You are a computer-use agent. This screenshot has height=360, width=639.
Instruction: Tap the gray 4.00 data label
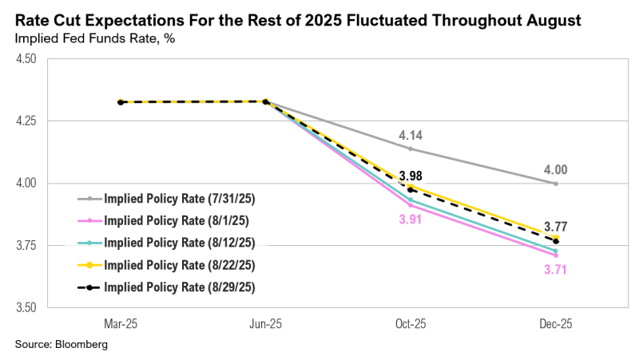point(555,170)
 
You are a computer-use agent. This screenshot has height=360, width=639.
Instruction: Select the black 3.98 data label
point(410,176)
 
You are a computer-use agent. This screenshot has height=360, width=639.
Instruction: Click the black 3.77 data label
point(555,226)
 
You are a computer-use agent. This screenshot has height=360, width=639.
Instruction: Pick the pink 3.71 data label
point(555,269)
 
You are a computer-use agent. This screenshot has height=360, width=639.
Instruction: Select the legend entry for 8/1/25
point(166,220)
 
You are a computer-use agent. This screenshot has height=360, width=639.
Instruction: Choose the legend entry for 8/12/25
point(169,241)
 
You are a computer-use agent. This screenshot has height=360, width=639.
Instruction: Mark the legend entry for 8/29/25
point(169,283)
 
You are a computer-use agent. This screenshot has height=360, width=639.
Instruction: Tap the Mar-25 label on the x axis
point(120,324)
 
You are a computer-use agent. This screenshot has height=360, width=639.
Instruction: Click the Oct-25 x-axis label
point(410,324)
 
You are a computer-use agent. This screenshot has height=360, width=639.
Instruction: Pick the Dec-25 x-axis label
point(555,324)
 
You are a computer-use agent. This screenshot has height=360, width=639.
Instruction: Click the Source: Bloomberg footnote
point(61,345)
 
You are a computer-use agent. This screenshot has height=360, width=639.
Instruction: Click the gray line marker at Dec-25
point(555,184)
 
